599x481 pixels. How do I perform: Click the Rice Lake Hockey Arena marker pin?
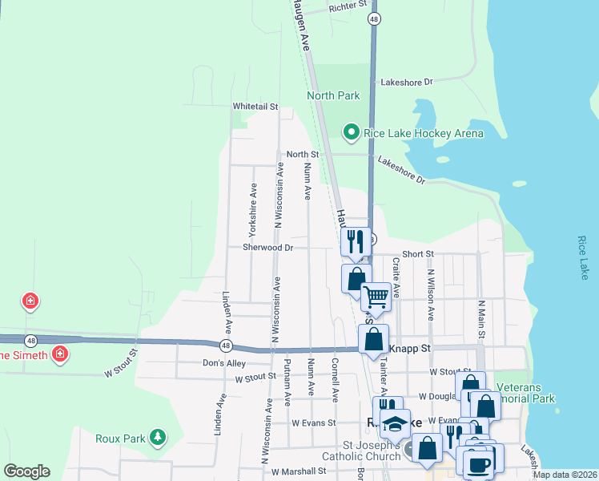point(349,131)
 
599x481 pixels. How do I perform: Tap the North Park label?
point(334,95)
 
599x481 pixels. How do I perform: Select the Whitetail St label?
point(255,106)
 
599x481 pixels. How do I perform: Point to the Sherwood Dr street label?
point(268,248)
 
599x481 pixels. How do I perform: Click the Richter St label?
point(347,9)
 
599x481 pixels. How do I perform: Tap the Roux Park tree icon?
point(159,437)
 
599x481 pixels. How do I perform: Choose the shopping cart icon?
point(376,297)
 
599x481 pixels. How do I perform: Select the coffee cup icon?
point(480,464)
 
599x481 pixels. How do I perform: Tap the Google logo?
point(26,471)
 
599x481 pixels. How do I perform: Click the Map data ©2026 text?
point(565,475)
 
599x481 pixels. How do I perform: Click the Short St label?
point(418,253)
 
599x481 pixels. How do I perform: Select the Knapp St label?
point(410,349)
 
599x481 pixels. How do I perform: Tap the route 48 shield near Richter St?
point(374,18)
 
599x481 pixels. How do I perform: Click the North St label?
point(303,154)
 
